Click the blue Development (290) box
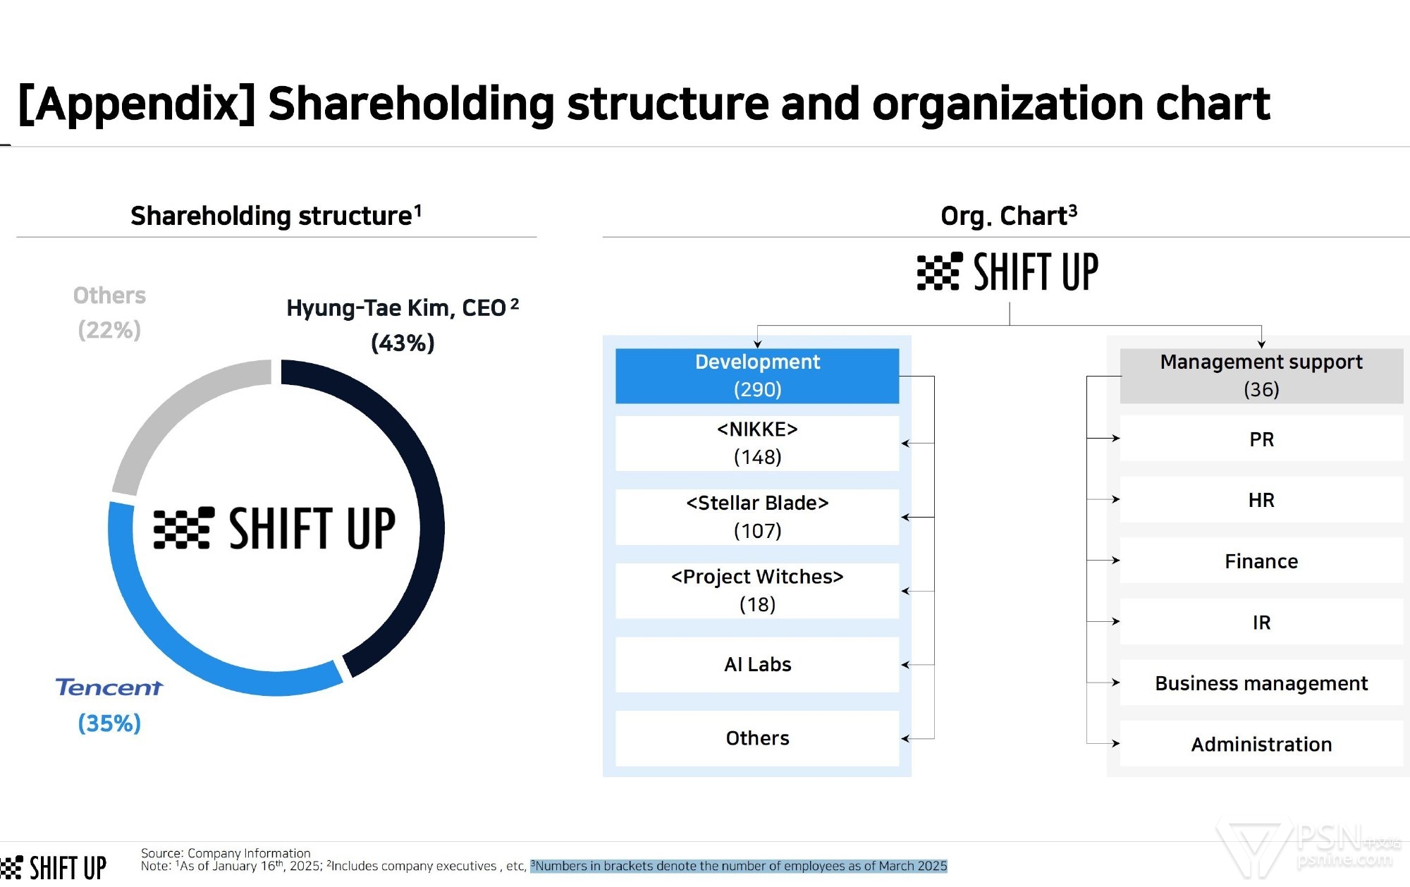[x=757, y=376]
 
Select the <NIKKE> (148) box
[x=757, y=443]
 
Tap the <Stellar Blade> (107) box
[x=757, y=517]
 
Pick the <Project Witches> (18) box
[x=757, y=591]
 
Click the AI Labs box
[x=757, y=665]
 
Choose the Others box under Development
[x=757, y=738]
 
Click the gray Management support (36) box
[x=1261, y=376]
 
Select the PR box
[x=1261, y=439]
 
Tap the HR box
[x=1261, y=500]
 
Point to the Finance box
[x=1261, y=561]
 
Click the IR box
[x=1261, y=622]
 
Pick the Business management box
[x=1261, y=683]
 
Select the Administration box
[x=1261, y=744]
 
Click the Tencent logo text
[x=109, y=687]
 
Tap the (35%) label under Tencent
[x=109, y=723]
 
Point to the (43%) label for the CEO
[x=403, y=343]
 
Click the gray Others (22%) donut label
[x=109, y=312]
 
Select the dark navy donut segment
[x=431, y=522]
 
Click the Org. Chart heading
[x=1009, y=215]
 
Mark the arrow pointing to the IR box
[x=1103, y=622]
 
